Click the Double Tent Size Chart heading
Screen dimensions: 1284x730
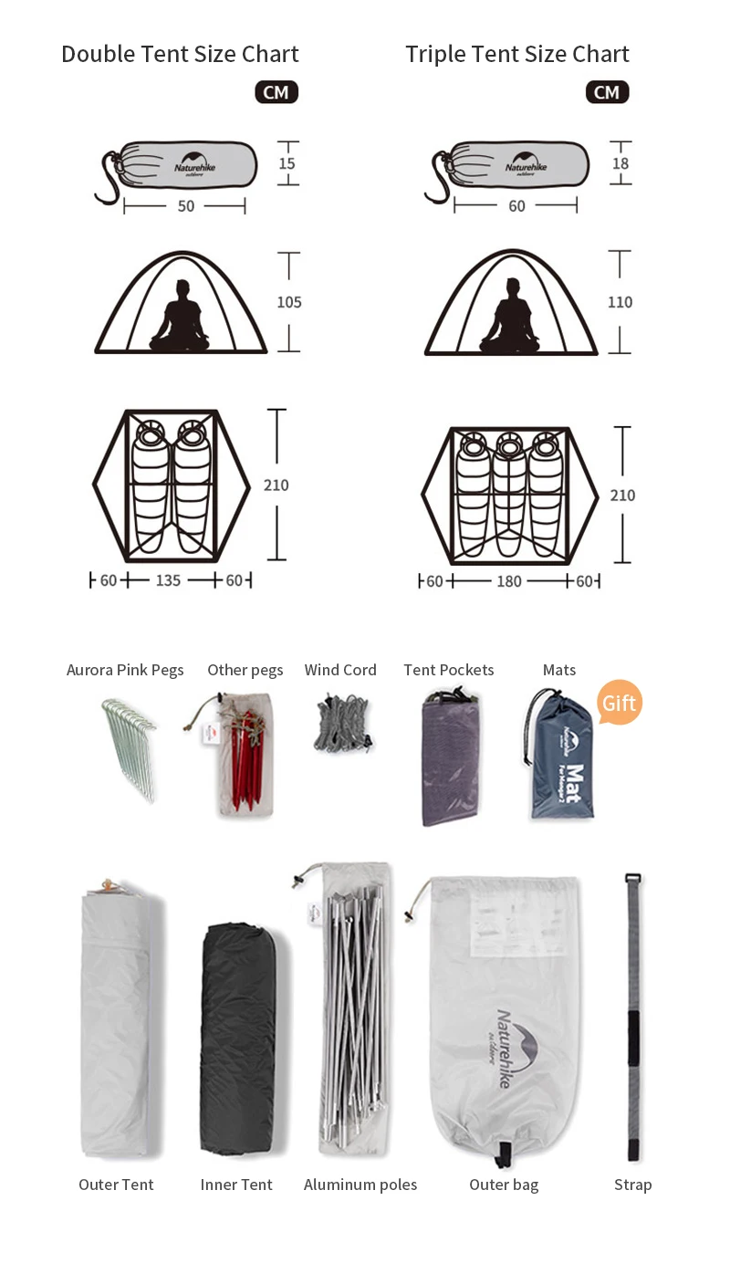pyautogui.click(x=180, y=55)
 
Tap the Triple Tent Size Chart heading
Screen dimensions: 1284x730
pyautogui.click(x=516, y=55)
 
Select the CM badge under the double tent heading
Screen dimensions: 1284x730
pyautogui.click(x=276, y=92)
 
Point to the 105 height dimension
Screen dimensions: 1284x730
pyautogui.click(x=289, y=302)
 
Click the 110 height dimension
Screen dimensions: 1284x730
pyautogui.click(x=620, y=302)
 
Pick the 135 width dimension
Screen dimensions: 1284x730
pyautogui.click(x=168, y=580)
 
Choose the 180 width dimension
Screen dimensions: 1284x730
pyautogui.click(x=508, y=581)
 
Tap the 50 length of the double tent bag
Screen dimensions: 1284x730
pyautogui.click(x=186, y=206)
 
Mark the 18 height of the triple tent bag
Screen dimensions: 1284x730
pyautogui.click(x=620, y=164)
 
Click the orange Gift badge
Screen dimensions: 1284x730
pyautogui.click(x=619, y=704)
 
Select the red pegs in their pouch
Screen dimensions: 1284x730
pyautogui.click(x=245, y=757)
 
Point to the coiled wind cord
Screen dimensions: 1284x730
pyautogui.click(x=343, y=724)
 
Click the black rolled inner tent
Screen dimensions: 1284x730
pyautogui.click(x=236, y=1040)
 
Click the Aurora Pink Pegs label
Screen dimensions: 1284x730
pyautogui.click(x=125, y=670)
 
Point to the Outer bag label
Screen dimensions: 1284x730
pyautogui.click(x=504, y=1185)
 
